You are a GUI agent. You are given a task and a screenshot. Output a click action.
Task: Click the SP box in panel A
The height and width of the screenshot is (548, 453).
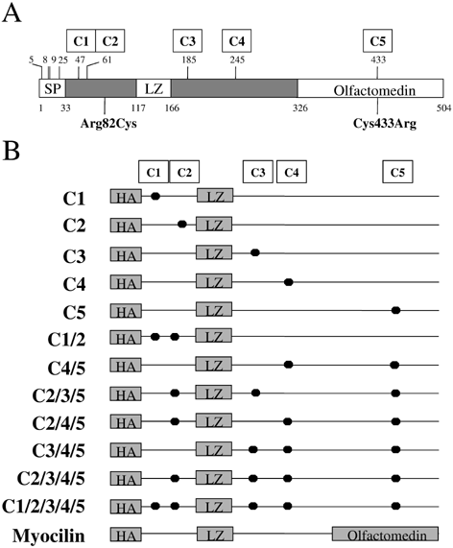52,88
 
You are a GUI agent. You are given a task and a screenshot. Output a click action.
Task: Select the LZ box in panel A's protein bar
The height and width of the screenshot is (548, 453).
154,88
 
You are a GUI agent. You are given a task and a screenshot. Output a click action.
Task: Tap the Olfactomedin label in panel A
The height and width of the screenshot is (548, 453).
374,90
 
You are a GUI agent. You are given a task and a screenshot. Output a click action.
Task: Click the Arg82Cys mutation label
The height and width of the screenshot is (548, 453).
108,124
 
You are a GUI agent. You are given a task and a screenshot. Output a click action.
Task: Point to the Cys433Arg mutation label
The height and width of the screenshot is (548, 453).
385,124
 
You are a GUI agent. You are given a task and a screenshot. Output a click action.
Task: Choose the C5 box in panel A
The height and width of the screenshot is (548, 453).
377,41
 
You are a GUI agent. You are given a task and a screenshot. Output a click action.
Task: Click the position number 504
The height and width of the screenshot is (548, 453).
443,108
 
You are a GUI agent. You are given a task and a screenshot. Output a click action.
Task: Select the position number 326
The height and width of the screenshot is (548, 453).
300,108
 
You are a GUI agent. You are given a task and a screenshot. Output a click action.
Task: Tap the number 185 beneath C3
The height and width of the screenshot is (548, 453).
189,60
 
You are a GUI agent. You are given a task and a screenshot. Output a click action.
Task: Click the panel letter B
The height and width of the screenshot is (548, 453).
11,151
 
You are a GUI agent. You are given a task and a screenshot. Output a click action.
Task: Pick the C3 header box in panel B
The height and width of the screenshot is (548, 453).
258,172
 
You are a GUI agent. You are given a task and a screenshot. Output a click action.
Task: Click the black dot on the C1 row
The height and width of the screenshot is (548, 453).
155,196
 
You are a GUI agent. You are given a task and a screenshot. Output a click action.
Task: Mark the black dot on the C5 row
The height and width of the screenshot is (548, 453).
395,310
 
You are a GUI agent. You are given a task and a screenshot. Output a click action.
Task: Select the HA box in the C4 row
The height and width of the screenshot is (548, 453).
126,282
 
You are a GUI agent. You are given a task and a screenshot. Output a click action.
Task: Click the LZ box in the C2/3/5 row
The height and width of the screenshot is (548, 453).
214,393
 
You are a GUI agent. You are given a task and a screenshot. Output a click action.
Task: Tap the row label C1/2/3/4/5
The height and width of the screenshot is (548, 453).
43,507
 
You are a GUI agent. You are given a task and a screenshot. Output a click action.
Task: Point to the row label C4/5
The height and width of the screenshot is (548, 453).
66,368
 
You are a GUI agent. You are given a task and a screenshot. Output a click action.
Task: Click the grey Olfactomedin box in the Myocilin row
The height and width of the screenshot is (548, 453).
385,535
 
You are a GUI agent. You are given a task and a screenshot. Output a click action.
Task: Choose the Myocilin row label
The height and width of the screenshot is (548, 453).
49,536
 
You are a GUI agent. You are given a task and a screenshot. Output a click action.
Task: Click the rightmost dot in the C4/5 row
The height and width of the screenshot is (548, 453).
394,365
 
